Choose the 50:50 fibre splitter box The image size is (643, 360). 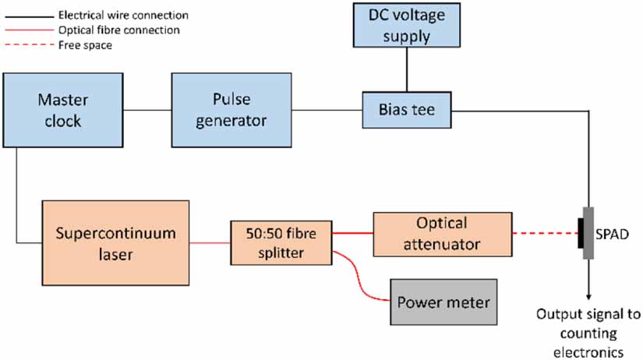[x=281, y=242]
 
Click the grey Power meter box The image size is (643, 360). [x=445, y=301]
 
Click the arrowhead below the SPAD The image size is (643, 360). [x=588, y=295]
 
